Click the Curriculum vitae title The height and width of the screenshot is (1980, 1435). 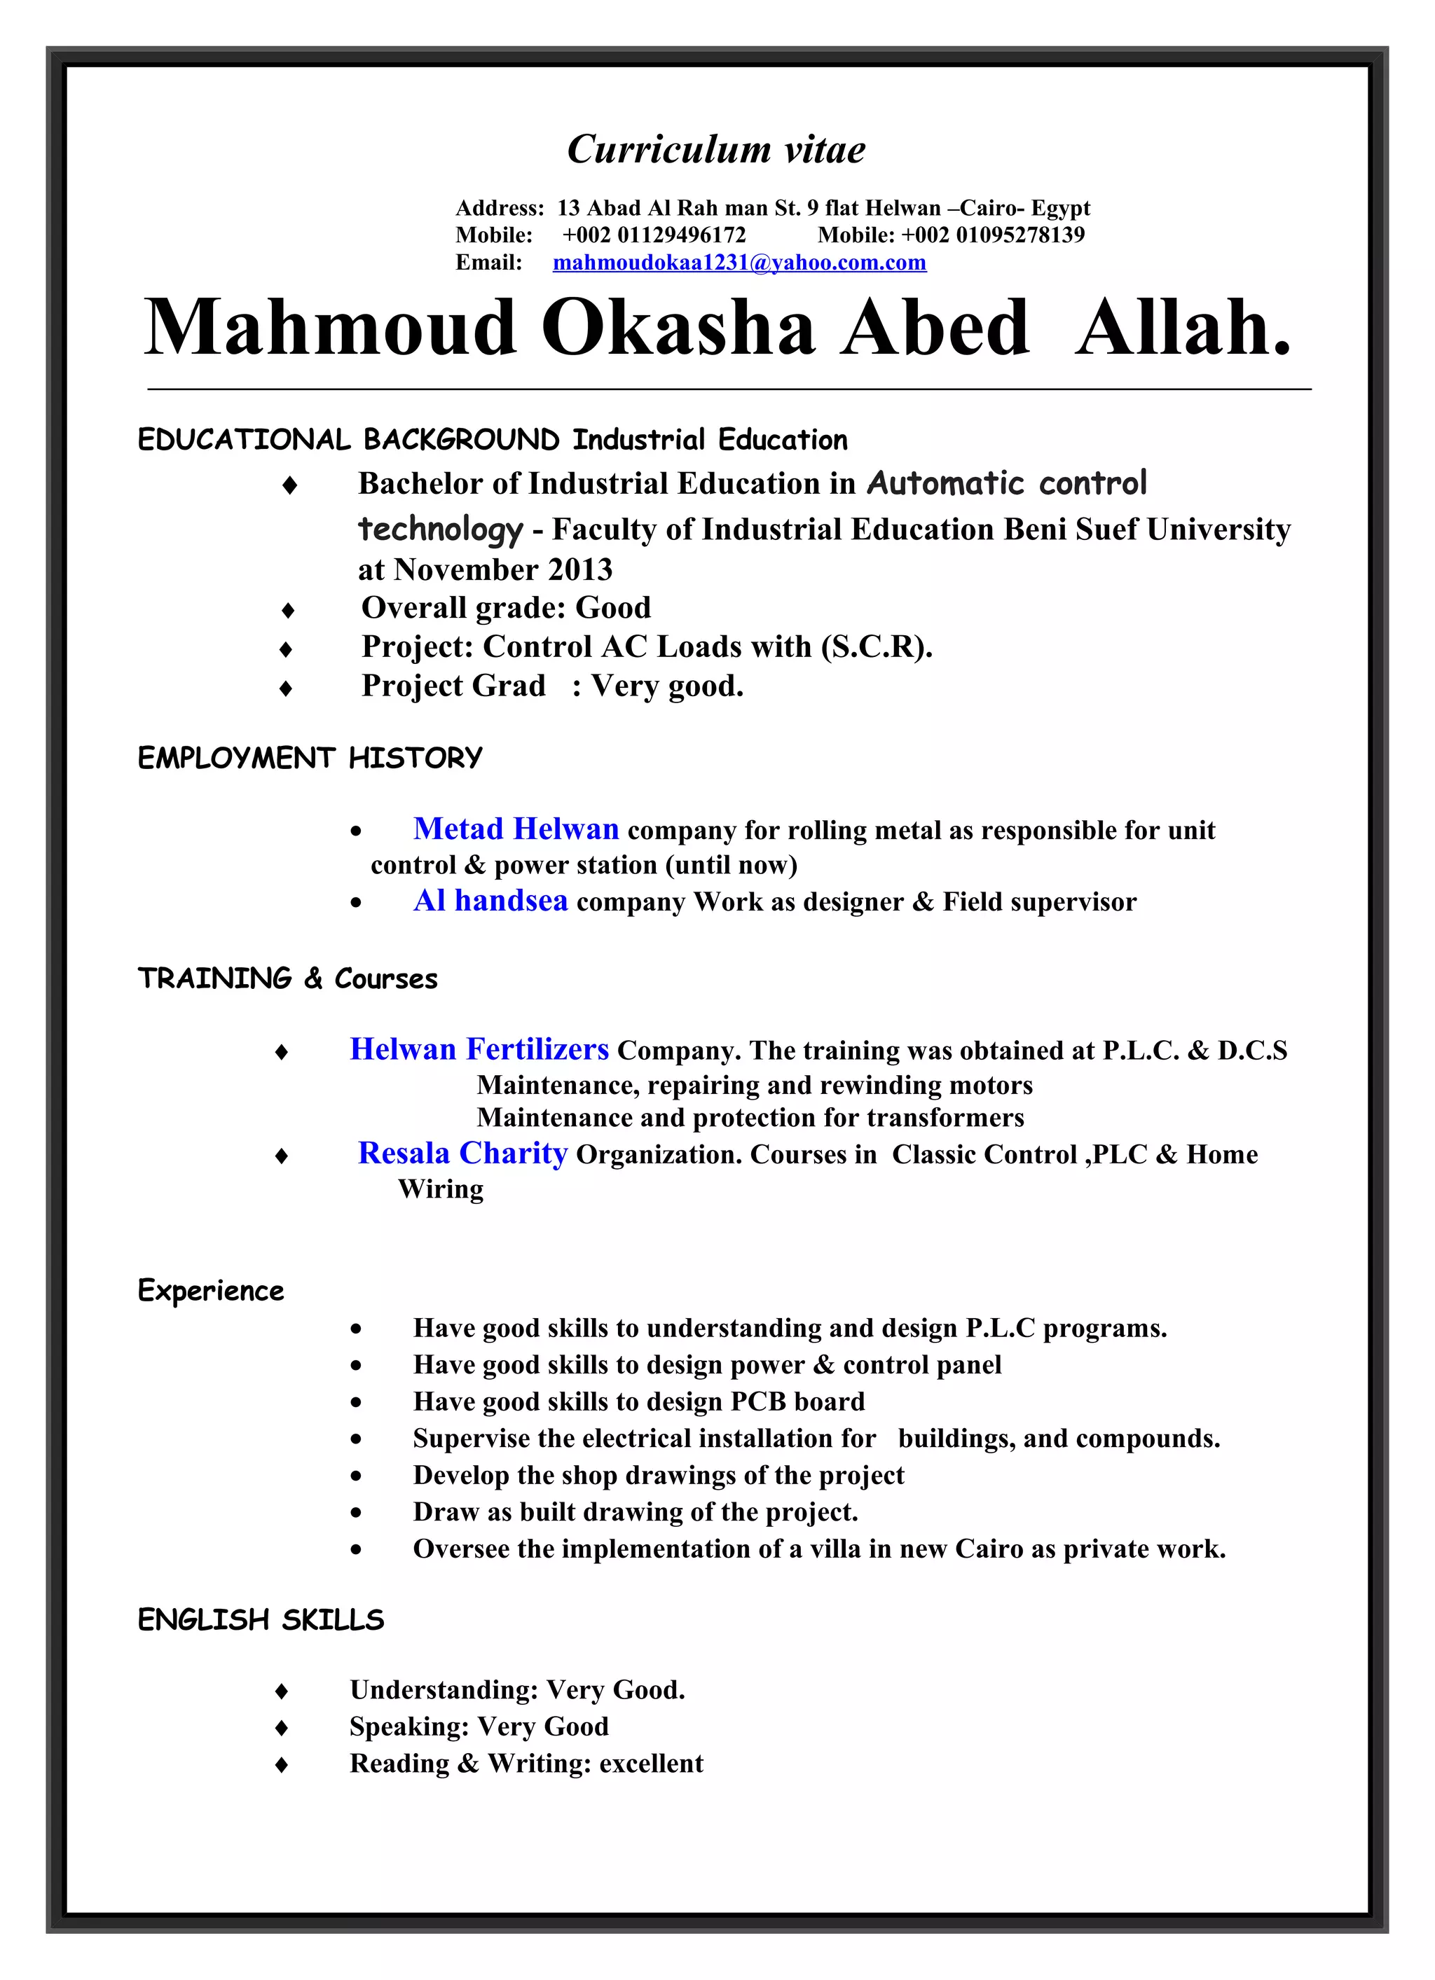point(716,149)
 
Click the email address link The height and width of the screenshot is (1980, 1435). point(739,263)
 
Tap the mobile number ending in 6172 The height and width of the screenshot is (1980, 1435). point(654,235)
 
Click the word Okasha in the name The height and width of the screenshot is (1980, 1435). point(678,328)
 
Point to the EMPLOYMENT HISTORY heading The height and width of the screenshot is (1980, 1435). point(310,758)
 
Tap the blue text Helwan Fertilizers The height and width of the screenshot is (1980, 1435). point(479,1048)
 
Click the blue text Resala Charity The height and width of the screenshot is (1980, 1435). point(463,1154)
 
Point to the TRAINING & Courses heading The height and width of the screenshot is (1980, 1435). point(287,978)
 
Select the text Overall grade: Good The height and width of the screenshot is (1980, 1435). point(506,608)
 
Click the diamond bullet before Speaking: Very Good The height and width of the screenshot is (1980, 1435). point(281,1728)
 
